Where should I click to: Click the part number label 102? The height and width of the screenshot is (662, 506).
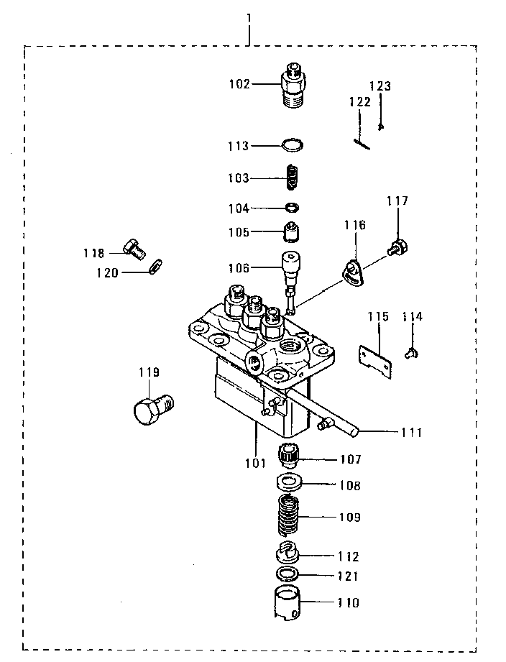(x=239, y=83)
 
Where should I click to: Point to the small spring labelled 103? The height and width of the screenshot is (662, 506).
(x=292, y=178)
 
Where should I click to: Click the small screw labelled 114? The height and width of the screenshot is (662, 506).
(x=412, y=351)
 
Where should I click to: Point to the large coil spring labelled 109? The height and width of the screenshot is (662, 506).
(x=288, y=516)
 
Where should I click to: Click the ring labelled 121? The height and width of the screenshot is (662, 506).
(x=287, y=575)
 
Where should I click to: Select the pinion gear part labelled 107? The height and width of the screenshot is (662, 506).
(x=289, y=456)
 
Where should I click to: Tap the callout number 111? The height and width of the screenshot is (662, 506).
(x=411, y=433)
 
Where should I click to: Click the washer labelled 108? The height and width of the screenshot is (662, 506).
(x=289, y=482)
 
